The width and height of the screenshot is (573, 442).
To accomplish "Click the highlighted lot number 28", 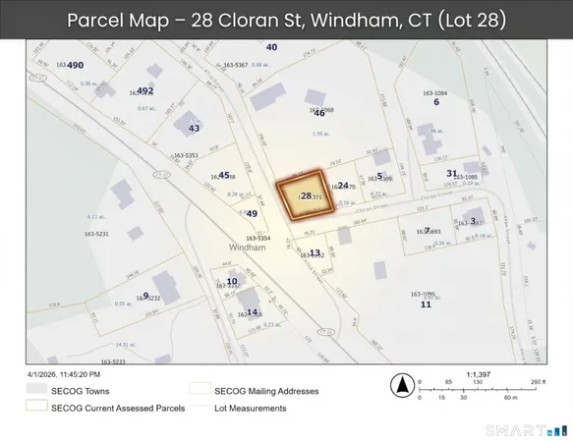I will [x=306, y=196].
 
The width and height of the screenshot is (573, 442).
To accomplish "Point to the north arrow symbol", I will [x=401, y=385].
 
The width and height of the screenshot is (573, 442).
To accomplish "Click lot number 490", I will [x=76, y=64].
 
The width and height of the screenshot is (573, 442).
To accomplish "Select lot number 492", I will [x=145, y=90].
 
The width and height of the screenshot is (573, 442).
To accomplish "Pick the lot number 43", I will [x=194, y=128].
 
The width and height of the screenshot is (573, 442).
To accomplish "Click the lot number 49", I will [x=252, y=213].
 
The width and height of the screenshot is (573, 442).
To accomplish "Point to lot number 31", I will [x=451, y=173].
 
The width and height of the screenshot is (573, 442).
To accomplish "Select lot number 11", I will [x=426, y=304].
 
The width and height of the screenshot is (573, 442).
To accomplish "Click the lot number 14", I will [x=252, y=312].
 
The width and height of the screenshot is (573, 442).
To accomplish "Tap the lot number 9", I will [x=145, y=295].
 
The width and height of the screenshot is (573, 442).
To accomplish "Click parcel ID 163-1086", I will [x=422, y=294].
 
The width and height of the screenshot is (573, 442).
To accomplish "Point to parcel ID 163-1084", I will [x=434, y=91].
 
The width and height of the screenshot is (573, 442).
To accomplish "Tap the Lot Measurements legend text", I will [x=253, y=408].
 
